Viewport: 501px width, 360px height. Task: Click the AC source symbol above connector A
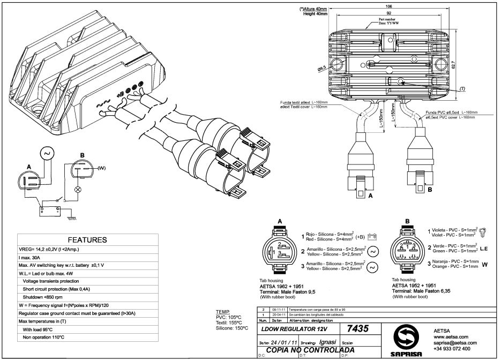47,154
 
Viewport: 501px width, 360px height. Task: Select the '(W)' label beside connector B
101,168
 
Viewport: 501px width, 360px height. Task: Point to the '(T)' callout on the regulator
462,88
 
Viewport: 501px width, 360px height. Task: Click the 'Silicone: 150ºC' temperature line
232,328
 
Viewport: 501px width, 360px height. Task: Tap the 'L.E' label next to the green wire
484,248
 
